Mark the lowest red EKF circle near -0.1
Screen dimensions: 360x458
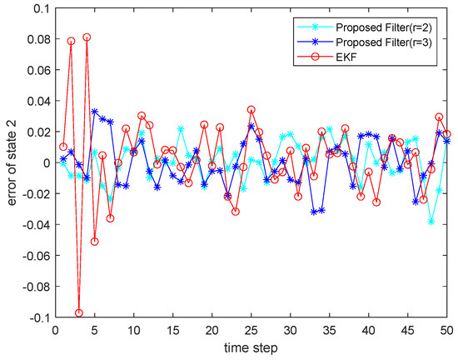79,313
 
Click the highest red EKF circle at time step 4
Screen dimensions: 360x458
87,37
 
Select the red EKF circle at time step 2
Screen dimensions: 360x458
71,41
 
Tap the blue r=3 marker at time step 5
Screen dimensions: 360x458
94,112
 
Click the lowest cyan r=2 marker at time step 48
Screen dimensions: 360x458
431,221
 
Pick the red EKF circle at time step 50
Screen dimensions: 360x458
447,134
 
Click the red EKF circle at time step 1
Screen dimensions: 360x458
63,147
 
